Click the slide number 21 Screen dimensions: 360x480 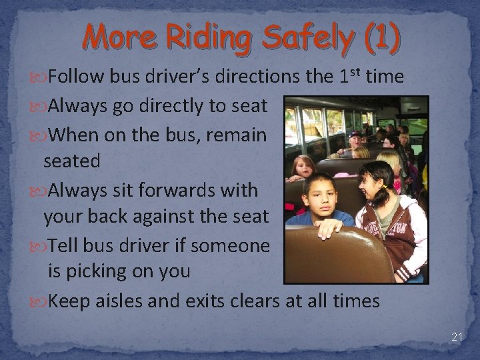coord(456,337)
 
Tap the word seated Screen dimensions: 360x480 coord(72,161)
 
